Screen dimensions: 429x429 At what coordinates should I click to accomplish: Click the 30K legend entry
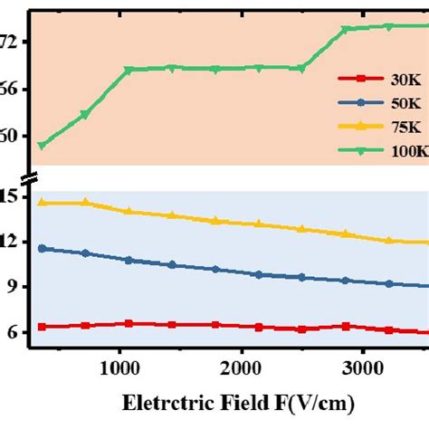coord(376,79)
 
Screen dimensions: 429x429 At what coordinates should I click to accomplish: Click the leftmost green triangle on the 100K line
coord(42,146)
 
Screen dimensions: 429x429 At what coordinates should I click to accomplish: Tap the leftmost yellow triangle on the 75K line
coord(42,203)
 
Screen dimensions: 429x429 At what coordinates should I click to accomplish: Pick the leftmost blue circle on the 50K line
coord(42,248)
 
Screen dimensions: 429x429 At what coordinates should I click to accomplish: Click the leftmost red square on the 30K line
coord(42,327)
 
